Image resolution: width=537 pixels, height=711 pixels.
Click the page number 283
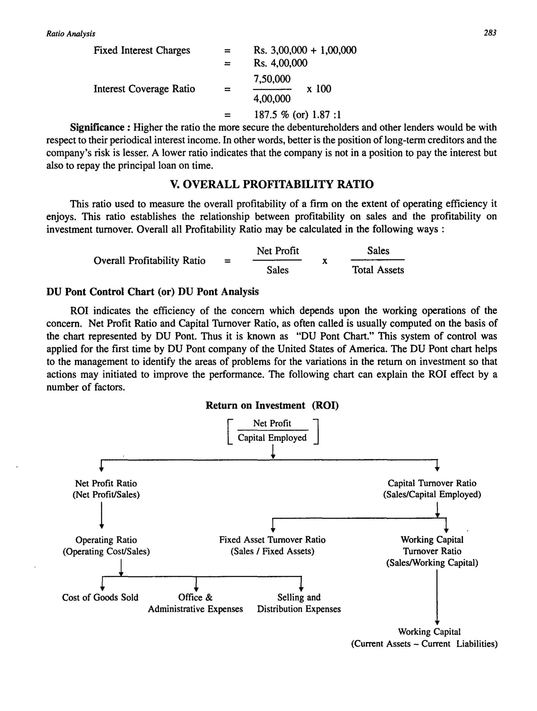(x=490, y=33)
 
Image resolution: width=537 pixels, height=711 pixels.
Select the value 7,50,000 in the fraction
(x=272, y=79)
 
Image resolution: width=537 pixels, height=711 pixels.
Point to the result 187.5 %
(x=272, y=115)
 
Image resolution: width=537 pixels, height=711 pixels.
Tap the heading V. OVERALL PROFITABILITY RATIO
(x=272, y=184)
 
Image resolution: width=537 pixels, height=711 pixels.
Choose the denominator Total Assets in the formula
(x=378, y=270)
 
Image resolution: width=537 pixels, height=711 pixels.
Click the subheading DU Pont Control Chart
(x=153, y=292)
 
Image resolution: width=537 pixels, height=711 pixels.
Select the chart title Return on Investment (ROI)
(x=272, y=405)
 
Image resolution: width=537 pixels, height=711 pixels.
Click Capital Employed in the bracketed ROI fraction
(x=272, y=438)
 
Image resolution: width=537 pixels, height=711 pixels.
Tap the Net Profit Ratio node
(x=106, y=483)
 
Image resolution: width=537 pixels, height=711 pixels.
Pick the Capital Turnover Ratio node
(x=432, y=483)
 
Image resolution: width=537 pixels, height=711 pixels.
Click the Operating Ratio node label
(x=106, y=540)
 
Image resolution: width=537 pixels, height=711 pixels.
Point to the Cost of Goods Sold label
(x=100, y=598)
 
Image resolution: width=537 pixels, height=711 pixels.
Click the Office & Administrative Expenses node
(x=195, y=603)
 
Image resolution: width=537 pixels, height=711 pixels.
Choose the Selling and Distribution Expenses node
(x=299, y=603)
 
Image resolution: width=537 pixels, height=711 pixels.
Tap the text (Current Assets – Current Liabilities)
(x=424, y=644)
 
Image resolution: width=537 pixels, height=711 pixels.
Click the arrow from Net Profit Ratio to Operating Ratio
(x=101, y=515)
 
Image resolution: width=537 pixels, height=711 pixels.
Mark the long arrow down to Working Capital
(x=437, y=598)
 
